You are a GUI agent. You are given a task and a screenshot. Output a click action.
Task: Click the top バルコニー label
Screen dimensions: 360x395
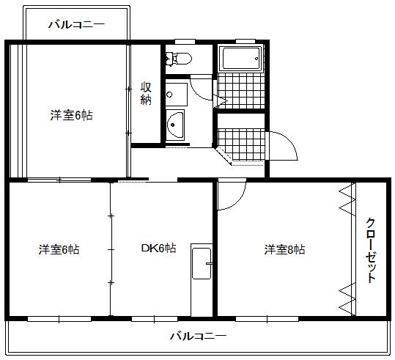76,24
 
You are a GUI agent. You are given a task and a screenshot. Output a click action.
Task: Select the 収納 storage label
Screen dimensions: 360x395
146,93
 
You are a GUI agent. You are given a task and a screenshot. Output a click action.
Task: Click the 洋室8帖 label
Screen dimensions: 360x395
284,249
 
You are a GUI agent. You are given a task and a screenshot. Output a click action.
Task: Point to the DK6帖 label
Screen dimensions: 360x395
158,249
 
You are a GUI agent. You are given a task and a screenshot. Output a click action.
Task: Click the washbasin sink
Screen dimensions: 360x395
175,125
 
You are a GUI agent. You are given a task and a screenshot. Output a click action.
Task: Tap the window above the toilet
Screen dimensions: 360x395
185,40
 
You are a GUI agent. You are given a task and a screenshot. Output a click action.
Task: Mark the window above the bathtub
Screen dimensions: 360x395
246,40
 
